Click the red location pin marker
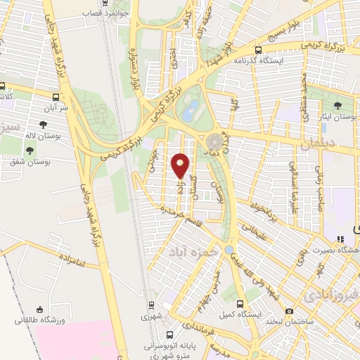click(181, 166)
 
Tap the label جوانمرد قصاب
click(102, 13)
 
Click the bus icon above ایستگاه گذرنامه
click(259, 51)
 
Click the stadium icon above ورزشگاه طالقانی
click(40, 309)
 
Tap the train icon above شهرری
click(151, 306)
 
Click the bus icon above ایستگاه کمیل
click(241, 304)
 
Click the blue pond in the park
click(190, 109)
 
